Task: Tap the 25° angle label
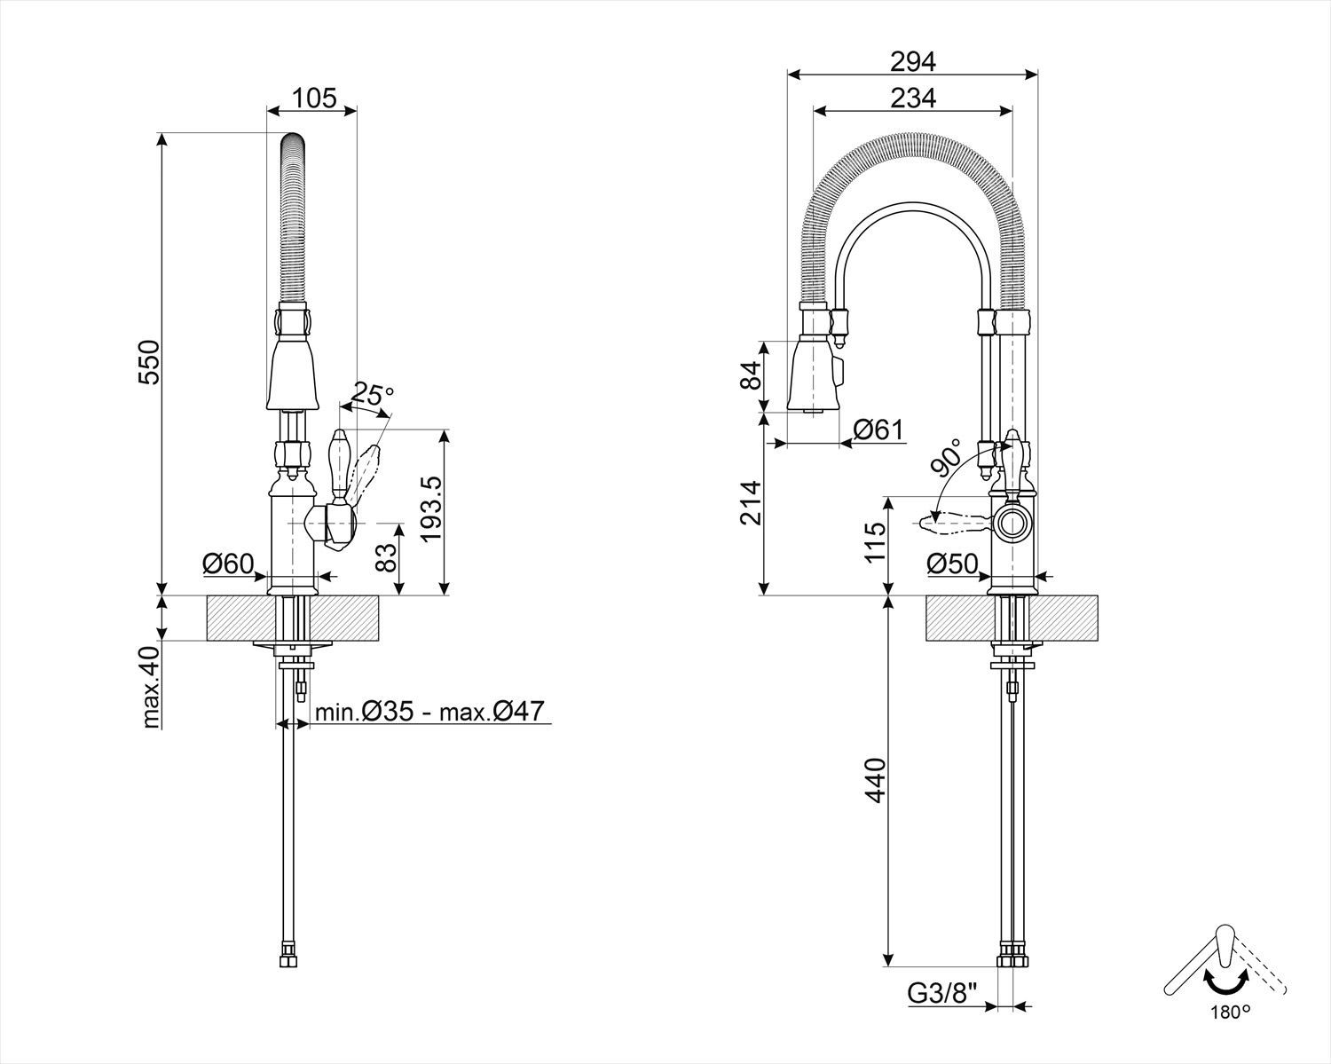[372, 392]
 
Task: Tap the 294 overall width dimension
[912, 61]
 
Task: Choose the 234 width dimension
[912, 98]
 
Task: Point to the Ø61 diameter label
[878, 430]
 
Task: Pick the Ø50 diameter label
[951, 563]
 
